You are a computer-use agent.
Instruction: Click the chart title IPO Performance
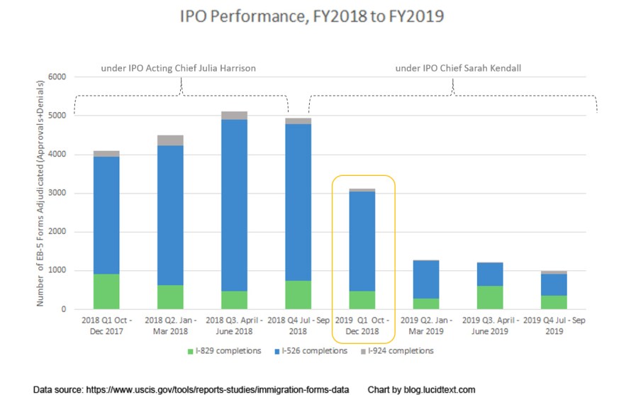click(x=316, y=16)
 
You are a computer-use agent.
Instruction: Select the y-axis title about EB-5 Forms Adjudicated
click(x=41, y=193)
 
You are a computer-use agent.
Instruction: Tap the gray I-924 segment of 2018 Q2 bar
click(x=170, y=140)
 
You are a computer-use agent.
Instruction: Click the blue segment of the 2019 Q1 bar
click(x=362, y=241)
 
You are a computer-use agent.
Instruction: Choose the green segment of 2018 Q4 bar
click(x=298, y=295)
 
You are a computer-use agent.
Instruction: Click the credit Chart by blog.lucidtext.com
click(x=421, y=389)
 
